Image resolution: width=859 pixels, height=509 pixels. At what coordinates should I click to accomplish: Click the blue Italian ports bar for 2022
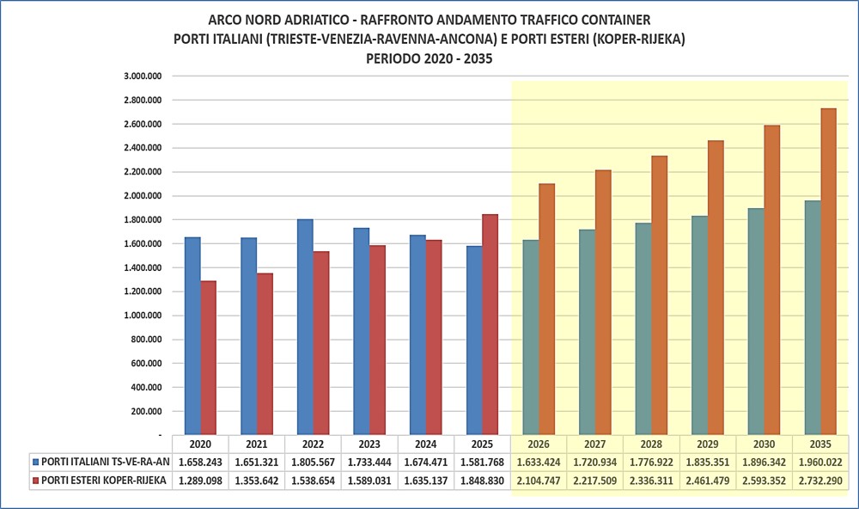305,327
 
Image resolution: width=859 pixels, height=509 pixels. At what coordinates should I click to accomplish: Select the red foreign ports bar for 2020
208,358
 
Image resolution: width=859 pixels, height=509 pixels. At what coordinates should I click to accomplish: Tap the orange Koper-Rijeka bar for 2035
828,272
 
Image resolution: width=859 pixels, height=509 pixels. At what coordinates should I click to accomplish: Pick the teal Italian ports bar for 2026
531,337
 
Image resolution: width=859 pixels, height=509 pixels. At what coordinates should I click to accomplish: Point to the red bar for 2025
490,325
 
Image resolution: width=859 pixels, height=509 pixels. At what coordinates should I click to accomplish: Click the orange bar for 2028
660,295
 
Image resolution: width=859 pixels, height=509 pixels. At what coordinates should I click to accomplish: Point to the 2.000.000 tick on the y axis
143,196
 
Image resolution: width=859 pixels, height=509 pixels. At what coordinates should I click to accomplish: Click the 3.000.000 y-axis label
143,77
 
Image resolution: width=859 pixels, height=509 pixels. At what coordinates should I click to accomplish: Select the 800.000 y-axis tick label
146,340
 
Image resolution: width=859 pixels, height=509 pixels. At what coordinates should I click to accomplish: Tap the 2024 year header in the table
426,445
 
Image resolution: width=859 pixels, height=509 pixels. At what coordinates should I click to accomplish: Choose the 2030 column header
765,445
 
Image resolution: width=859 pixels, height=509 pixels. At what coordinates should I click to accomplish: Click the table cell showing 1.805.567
314,463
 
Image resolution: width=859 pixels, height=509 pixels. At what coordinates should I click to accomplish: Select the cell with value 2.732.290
820,481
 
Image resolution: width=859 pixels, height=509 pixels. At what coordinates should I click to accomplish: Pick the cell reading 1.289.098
200,481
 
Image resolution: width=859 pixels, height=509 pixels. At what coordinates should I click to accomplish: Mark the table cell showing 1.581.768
482,463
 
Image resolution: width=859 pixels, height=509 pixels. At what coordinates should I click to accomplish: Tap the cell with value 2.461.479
708,481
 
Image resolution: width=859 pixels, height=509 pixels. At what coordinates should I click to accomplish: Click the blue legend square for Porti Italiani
36,462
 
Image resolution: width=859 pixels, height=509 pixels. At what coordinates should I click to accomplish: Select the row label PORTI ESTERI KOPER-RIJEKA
104,481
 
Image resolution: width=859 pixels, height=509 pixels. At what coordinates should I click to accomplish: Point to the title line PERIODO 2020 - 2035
429,58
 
